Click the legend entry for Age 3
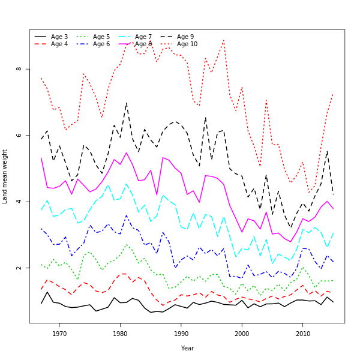click(59, 37)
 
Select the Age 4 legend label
click(59, 44)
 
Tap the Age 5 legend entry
click(101, 37)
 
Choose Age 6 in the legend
click(101, 44)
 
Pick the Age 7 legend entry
click(143, 37)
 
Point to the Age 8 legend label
click(143, 44)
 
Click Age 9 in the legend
click(185, 37)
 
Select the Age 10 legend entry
click(187, 44)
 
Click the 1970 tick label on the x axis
click(59, 333)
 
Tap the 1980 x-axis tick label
click(120, 333)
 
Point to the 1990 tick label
click(181, 333)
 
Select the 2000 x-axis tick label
click(242, 333)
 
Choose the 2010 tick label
click(302, 333)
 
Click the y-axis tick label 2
click(19, 268)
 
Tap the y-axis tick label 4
click(19, 202)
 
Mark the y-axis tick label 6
click(19, 135)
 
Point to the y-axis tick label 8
click(19, 69)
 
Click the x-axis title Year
click(187, 348)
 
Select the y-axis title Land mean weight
click(5, 176)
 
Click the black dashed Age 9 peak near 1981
click(126, 103)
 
